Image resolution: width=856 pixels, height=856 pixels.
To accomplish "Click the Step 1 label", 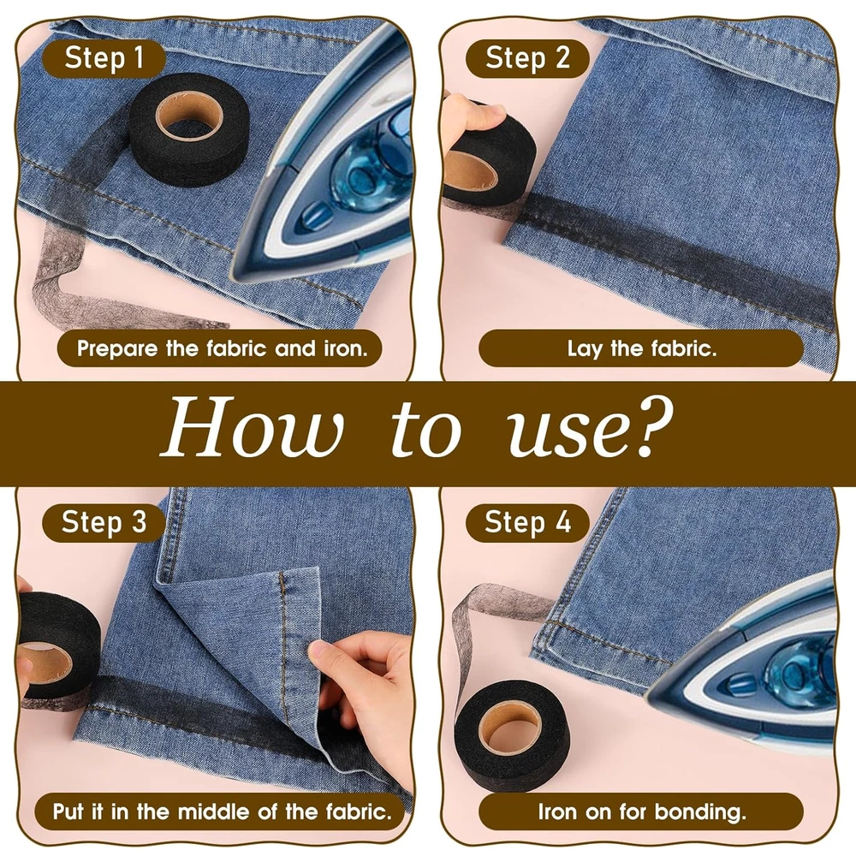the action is [104, 58].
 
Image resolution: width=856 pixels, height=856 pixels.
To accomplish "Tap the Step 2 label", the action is [527, 58].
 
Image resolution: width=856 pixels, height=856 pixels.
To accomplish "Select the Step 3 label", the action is [104, 522].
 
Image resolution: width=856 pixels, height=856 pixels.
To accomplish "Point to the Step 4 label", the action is [527, 522].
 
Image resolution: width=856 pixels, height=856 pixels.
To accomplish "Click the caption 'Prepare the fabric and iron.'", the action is [222, 348].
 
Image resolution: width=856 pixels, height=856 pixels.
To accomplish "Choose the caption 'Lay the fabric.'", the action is [642, 348].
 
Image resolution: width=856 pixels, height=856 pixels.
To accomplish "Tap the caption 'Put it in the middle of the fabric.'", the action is [223, 811].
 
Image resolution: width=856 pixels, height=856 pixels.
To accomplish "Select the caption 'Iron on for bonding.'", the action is [642, 811].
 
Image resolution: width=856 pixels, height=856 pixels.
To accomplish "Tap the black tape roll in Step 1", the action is [189, 130].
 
